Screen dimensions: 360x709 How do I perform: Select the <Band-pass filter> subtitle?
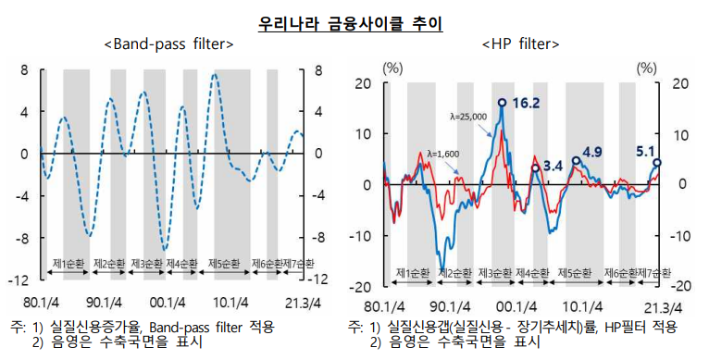(x=168, y=44)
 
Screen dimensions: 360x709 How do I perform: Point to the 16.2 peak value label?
(x=525, y=104)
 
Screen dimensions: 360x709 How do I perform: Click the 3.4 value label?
(x=553, y=167)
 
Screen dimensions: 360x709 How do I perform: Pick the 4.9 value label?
(x=592, y=153)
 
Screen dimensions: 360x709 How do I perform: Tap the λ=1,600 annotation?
(x=442, y=154)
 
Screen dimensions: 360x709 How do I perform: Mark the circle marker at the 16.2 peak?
(x=502, y=103)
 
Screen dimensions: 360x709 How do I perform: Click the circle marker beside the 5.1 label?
(x=657, y=163)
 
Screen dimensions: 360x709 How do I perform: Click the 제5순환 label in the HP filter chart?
(x=575, y=274)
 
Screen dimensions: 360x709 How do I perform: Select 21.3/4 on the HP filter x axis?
(x=663, y=307)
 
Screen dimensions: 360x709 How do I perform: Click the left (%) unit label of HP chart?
(x=392, y=67)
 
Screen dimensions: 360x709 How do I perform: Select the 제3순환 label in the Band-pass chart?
(x=148, y=264)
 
